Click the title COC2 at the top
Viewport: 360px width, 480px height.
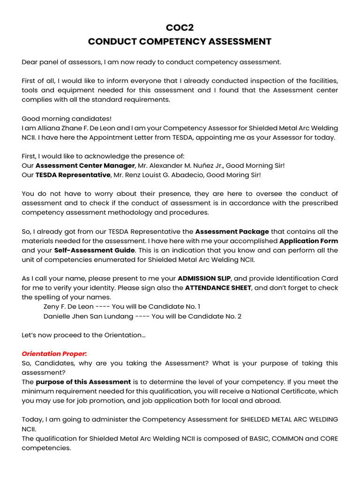pyautogui.click(x=180, y=28)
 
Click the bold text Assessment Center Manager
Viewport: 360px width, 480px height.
pyautogui.click(x=85, y=165)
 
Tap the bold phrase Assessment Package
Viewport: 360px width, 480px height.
pyautogui.click(x=232, y=232)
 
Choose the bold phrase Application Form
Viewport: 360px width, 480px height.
pyautogui.click(x=308, y=241)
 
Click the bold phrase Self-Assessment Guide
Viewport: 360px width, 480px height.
pyautogui.click(x=94, y=250)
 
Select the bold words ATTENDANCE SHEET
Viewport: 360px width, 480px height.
pyautogui.click(x=218, y=288)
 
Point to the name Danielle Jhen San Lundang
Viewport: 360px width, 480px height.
pyautogui.click(x=88, y=316)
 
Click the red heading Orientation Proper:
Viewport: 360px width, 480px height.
pyautogui.click(x=54, y=354)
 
